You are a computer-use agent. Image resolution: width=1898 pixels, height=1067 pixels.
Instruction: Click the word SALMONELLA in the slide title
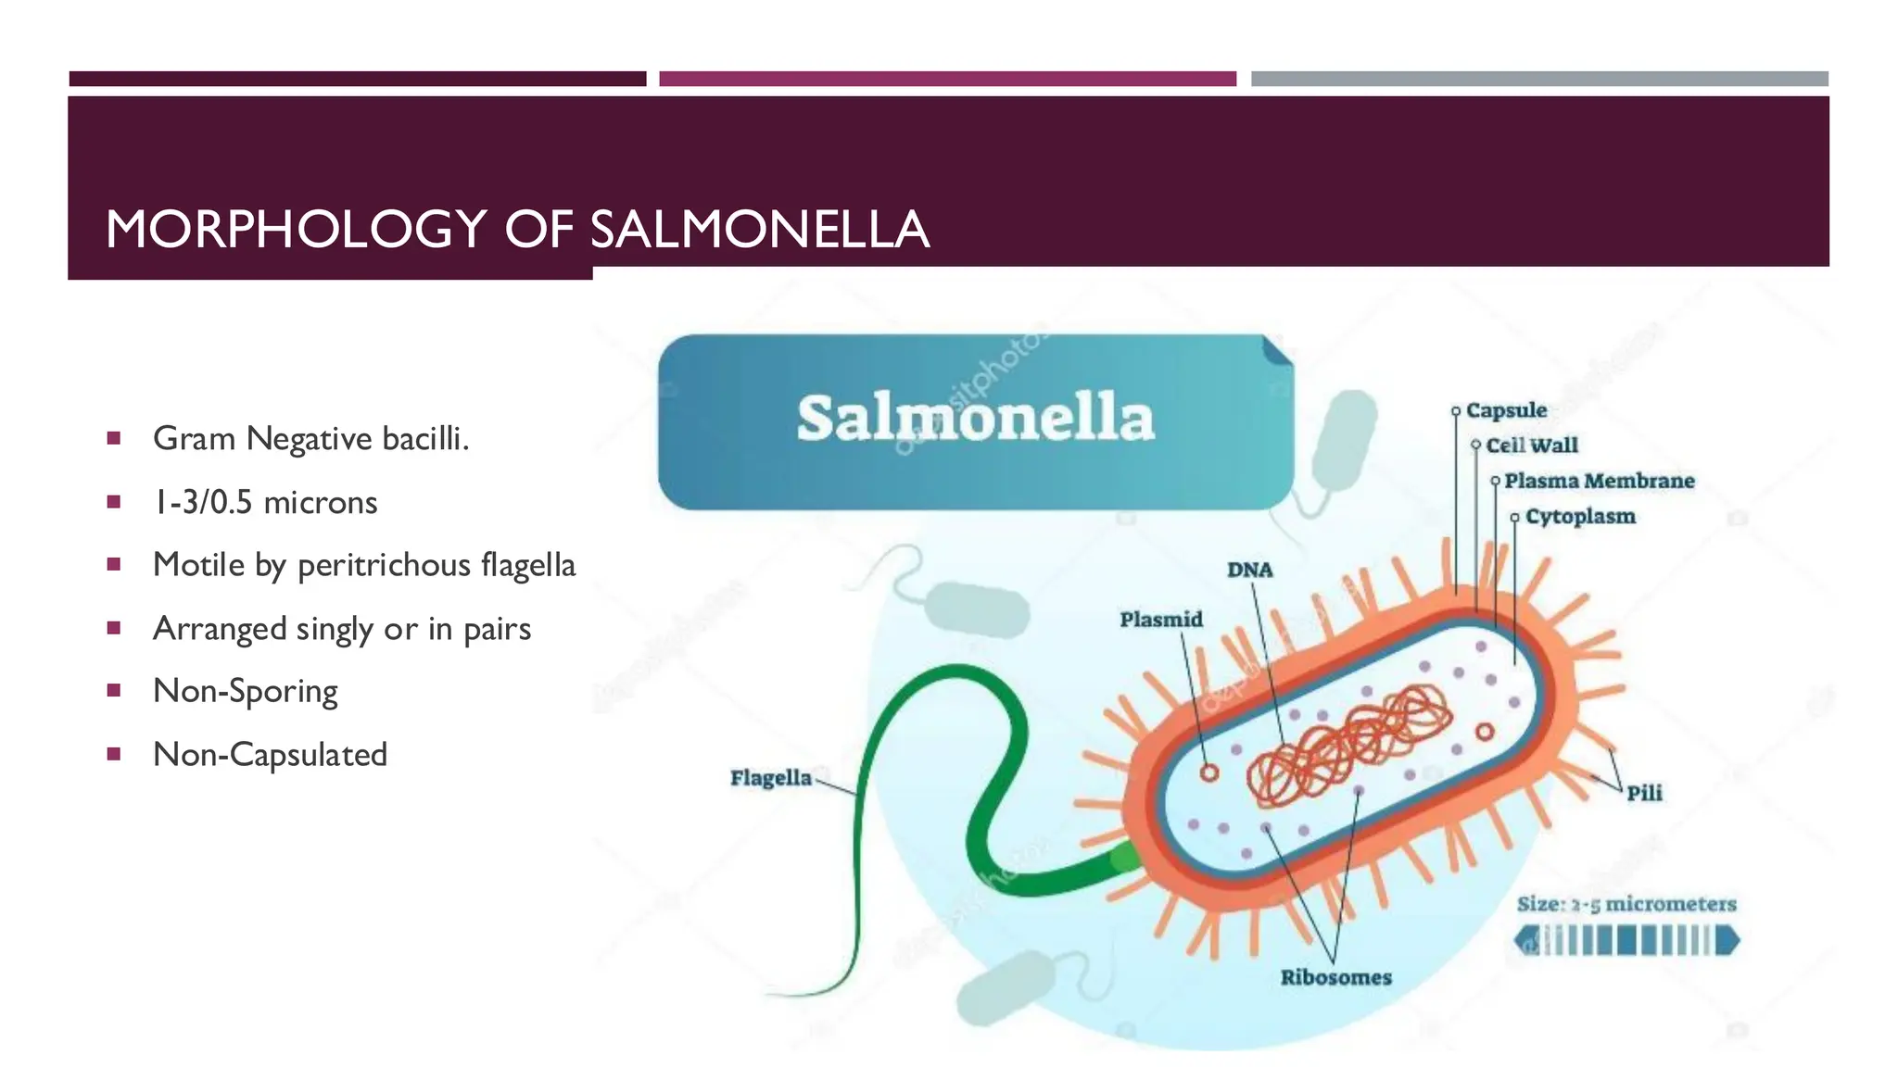click(x=759, y=230)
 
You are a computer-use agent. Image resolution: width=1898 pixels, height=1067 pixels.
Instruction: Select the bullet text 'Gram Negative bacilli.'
click(x=310, y=438)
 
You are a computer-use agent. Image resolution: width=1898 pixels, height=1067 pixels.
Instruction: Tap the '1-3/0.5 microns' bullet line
click(x=265, y=502)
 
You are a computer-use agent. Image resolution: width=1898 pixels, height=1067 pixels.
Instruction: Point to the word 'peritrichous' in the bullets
click(x=384, y=565)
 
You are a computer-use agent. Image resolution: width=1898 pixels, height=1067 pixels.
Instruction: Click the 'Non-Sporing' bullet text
click(x=245, y=691)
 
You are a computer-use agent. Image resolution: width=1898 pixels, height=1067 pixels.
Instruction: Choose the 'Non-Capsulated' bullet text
click(x=270, y=754)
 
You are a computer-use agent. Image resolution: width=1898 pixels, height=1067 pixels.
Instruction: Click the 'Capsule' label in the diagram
click(x=1506, y=410)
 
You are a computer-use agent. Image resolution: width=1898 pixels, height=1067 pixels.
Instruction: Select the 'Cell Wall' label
click(x=1531, y=446)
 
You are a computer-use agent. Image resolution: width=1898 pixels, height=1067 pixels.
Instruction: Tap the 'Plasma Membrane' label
click(x=1599, y=481)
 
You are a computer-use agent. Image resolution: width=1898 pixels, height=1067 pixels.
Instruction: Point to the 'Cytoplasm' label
click(x=1580, y=516)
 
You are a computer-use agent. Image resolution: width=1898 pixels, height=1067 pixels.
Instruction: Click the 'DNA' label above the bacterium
click(x=1250, y=570)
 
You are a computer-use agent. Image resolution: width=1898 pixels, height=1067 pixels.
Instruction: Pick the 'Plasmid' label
click(x=1160, y=619)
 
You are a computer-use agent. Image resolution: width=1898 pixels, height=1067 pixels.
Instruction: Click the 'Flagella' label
click(x=770, y=778)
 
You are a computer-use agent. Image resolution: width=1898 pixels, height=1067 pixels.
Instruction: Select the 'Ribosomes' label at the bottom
click(x=1335, y=977)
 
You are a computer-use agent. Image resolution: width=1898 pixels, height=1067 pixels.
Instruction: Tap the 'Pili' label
click(x=1644, y=793)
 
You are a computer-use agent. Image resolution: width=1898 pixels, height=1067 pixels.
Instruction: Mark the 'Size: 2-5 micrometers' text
click(x=1626, y=904)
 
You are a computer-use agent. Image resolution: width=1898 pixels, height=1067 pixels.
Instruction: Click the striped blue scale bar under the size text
click(x=1626, y=941)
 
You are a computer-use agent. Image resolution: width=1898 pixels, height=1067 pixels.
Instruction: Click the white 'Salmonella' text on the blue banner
click(x=975, y=419)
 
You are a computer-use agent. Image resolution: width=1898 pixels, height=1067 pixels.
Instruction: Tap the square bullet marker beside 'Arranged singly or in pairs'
click(x=114, y=628)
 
